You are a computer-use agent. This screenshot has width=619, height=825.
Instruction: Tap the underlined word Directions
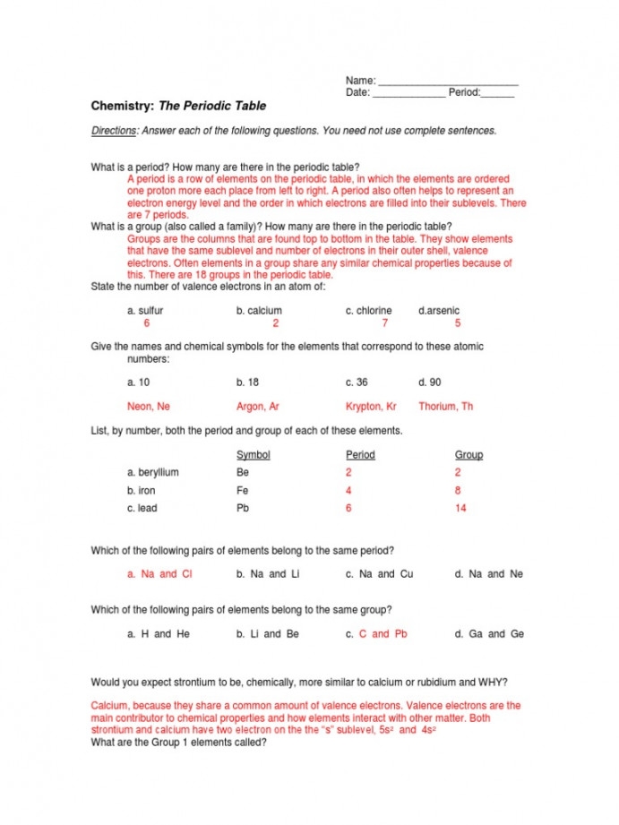pyautogui.click(x=113, y=131)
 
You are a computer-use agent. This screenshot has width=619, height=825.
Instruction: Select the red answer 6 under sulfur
pyautogui.click(x=147, y=323)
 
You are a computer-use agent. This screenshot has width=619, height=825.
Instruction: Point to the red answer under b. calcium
pyautogui.click(x=276, y=323)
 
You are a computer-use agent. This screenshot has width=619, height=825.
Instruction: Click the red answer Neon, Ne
pyautogui.click(x=149, y=407)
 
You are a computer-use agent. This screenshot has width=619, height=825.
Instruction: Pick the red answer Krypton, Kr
pyautogui.click(x=371, y=407)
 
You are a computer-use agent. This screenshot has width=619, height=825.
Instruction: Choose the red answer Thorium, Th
pyautogui.click(x=445, y=407)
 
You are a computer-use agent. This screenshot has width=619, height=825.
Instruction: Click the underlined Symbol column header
pyautogui.click(x=253, y=455)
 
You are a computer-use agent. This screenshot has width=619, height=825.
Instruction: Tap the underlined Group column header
pyautogui.click(x=469, y=455)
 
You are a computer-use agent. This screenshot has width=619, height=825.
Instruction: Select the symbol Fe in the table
pyautogui.click(x=243, y=491)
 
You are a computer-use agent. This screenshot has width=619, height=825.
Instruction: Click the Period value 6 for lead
pyautogui.click(x=348, y=509)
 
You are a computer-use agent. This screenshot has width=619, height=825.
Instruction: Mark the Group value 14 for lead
pyautogui.click(x=460, y=509)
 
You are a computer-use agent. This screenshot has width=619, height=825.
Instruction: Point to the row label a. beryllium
pyautogui.click(x=153, y=473)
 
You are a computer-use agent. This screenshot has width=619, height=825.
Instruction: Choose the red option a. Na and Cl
pyautogui.click(x=159, y=574)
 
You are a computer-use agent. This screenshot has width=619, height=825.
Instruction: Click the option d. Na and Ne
pyautogui.click(x=489, y=574)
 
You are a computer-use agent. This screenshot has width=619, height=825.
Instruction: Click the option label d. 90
pyautogui.click(x=430, y=382)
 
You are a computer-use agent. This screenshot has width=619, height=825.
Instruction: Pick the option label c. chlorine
pyautogui.click(x=369, y=311)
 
